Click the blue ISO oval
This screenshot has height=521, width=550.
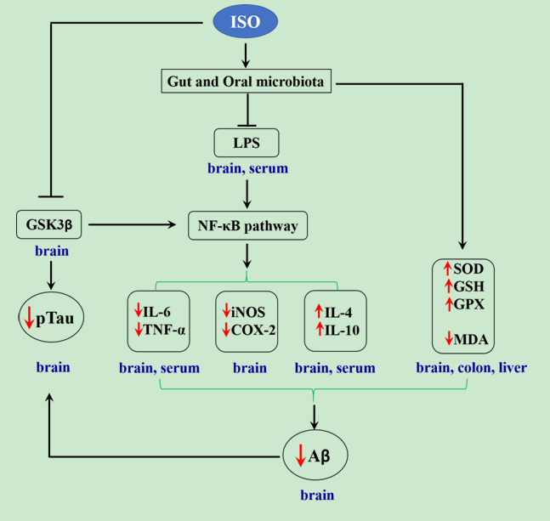point(246,22)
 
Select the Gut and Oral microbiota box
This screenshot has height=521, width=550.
point(247,82)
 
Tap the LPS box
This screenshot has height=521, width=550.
point(247,142)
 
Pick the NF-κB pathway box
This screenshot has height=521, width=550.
point(247,227)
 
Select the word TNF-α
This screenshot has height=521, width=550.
point(167,331)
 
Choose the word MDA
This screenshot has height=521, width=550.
point(469,339)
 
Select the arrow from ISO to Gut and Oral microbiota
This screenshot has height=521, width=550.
point(246,55)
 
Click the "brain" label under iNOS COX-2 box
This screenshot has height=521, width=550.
point(249,369)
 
